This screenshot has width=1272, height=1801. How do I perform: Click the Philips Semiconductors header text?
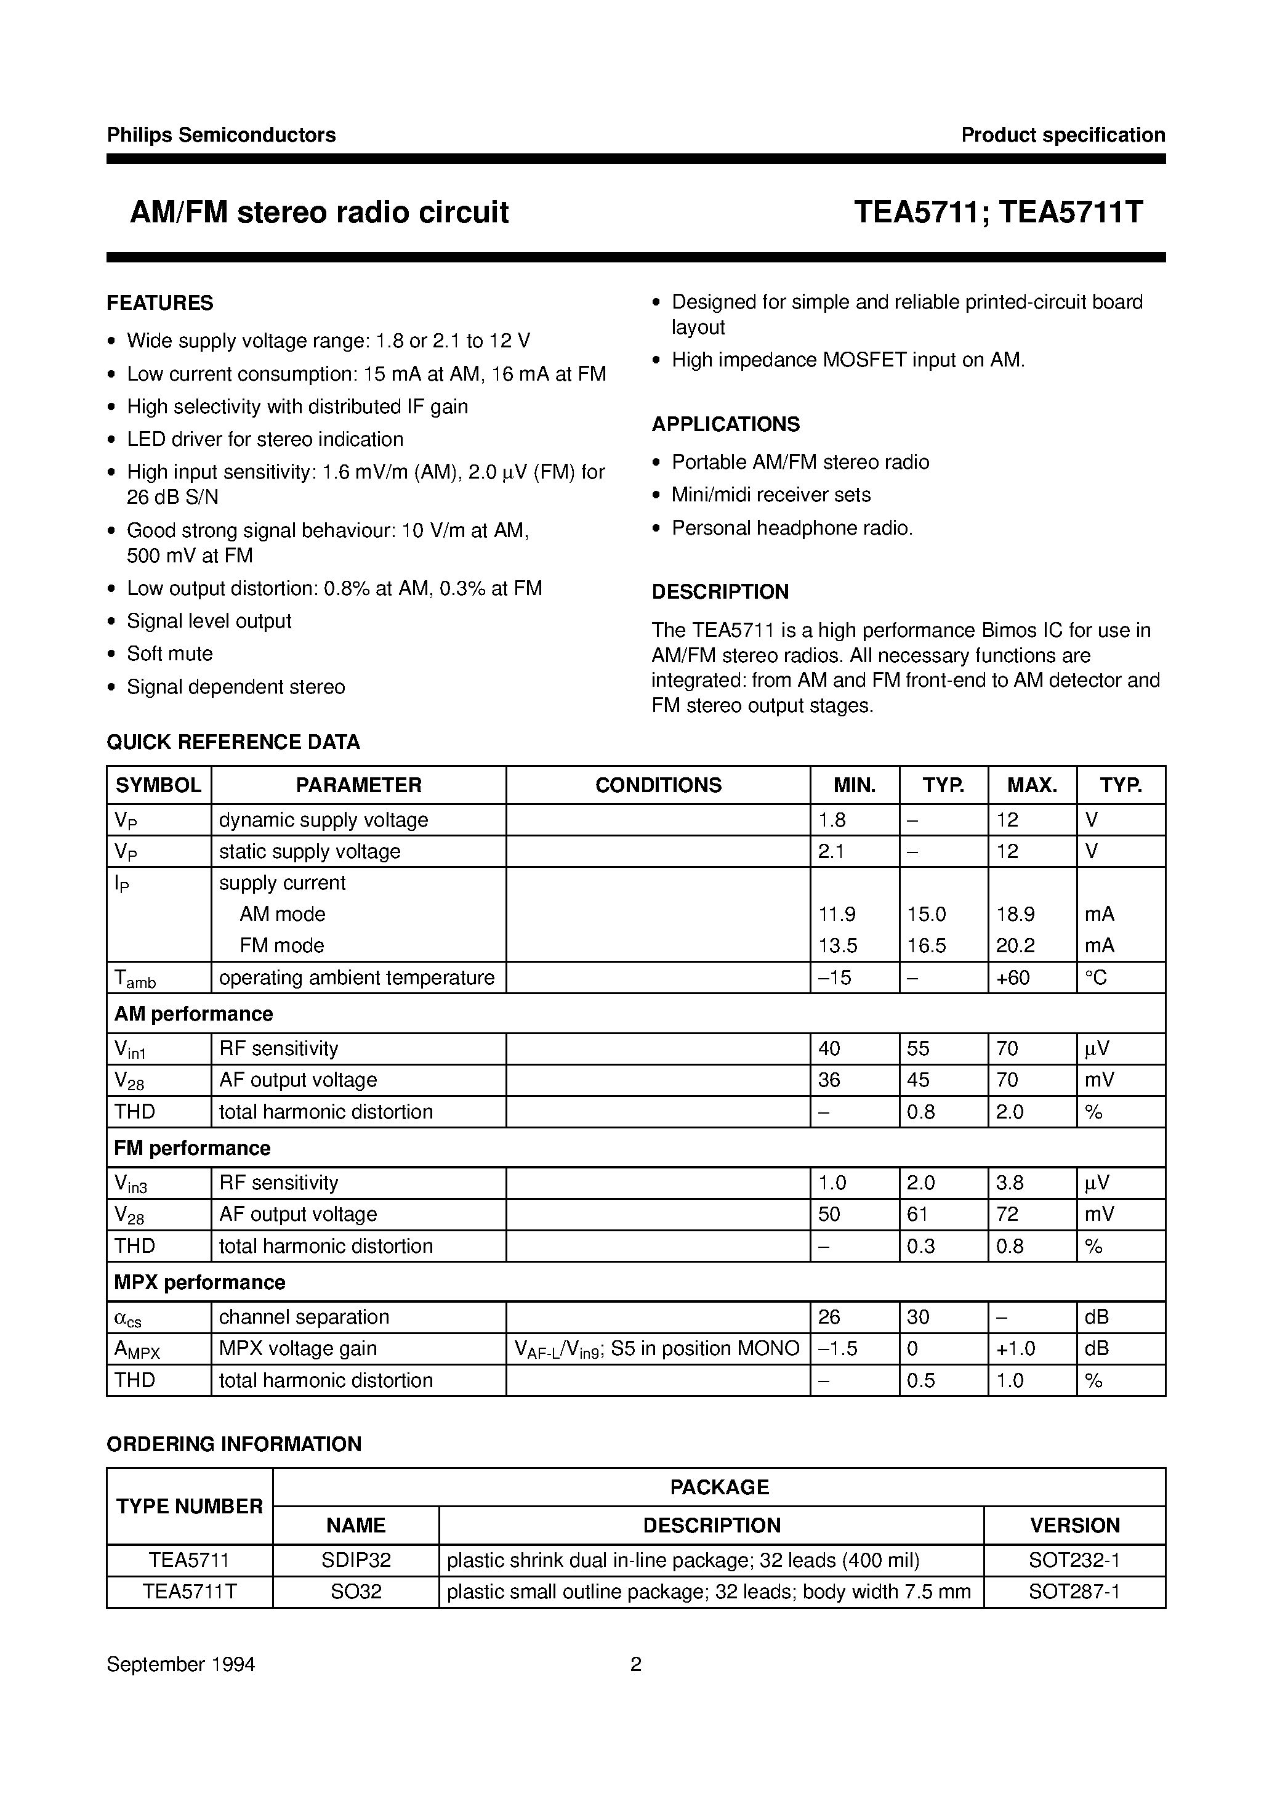[x=221, y=135]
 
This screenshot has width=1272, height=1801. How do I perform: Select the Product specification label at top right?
[x=1063, y=135]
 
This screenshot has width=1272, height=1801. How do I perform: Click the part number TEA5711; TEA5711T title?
[x=997, y=212]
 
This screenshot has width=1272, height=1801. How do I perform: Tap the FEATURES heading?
[x=160, y=303]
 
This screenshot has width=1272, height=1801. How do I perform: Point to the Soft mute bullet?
[x=169, y=654]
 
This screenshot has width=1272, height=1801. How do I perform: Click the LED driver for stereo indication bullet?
[x=265, y=439]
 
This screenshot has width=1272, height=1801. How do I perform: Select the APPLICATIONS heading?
[x=725, y=424]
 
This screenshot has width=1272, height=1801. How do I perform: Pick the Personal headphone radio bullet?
[x=792, y=528]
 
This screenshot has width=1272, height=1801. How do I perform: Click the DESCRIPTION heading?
[x=720, y=591]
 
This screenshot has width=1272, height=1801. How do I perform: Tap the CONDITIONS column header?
[x=658, y=785]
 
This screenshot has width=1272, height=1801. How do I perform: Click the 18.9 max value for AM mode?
[x=1015, y=914]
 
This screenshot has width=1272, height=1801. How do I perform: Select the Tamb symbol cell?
[x=135, y=978]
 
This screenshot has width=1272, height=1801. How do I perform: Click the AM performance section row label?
[x=194, y=1013]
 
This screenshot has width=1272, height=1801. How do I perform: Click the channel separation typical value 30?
[x=919, y=1317]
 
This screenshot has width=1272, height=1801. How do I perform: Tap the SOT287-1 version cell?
[x=1074, y=1592]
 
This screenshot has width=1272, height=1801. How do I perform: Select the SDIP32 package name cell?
[x=356, y=1560]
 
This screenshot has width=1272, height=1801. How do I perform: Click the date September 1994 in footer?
[x=181, y=1664]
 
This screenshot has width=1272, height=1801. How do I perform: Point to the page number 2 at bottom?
[x=636, y=1664]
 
